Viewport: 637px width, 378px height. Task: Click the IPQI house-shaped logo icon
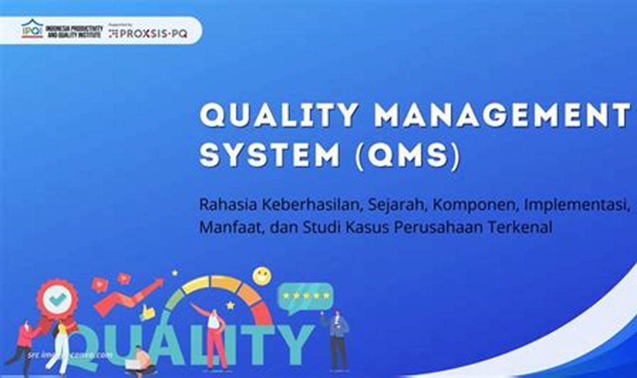[32, 29]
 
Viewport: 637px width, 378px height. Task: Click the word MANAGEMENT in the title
[503, 115]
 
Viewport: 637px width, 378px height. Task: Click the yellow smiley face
[262, 276]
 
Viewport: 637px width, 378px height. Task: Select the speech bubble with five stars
[305, 296]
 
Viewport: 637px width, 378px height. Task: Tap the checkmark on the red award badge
[58, 298]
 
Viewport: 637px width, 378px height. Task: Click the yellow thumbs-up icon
[148, 312]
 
